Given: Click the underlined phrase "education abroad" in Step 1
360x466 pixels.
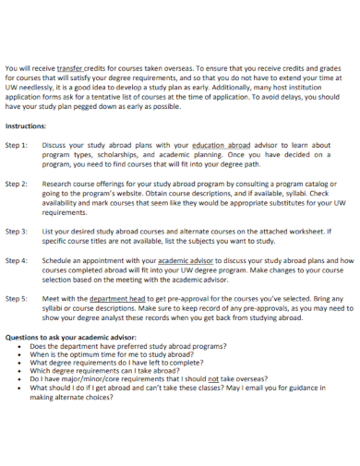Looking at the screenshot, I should [222, 145].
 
